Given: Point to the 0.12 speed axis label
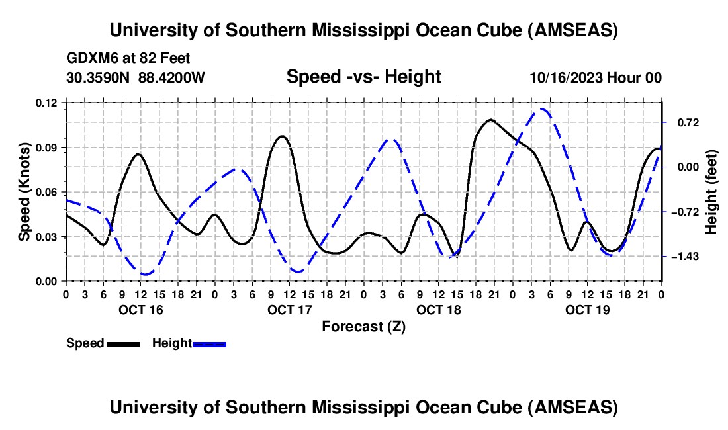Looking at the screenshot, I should point(47,103).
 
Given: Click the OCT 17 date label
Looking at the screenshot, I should point(289,309).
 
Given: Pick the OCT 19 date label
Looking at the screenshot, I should point(587,309).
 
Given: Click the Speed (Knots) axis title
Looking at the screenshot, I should point(24,192).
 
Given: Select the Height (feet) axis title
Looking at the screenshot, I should point(711,192).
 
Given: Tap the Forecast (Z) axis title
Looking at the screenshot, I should point(363,326).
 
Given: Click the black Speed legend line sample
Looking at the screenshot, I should point(122,344).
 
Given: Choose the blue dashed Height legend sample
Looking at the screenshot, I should point(209,344).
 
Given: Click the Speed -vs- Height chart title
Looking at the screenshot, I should point(363,77).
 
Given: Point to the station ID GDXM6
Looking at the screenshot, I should point(89,58).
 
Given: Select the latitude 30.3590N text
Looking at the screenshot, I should point(99,77).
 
